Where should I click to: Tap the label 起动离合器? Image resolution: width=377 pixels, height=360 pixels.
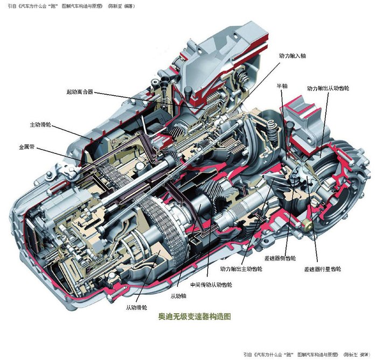(80, 92)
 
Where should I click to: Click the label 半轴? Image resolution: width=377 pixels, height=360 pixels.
(282, 86)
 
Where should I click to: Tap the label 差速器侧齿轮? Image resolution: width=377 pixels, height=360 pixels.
(280, 258)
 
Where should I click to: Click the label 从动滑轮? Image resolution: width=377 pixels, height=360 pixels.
(137, 308)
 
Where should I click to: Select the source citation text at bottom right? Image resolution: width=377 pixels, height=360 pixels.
(308, 355)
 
